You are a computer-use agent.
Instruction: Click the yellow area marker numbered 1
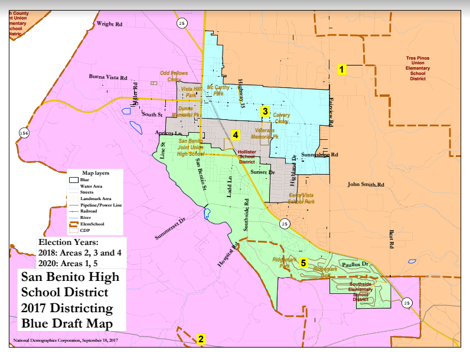pos(341,69)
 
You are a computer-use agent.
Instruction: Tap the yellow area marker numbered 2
pos(201,339)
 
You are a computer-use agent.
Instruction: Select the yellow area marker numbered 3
pos(266,110)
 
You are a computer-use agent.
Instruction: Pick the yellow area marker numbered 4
pos(235,135)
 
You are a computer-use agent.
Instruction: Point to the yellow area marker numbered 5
pos(303,263)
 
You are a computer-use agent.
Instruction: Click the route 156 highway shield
pos(23,133)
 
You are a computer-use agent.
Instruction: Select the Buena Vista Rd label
pos(108,77)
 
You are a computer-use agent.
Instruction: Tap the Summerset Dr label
pos(170,228)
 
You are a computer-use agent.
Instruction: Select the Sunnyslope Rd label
pos(319,154)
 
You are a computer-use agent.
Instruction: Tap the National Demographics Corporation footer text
pos(65,341)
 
